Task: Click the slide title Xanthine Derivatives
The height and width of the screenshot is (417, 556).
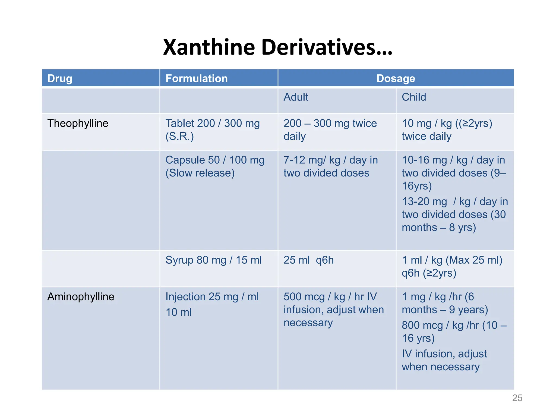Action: click(277, 47)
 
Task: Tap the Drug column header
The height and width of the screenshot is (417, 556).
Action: click(60, 78)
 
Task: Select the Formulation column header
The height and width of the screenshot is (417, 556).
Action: click(197, 78)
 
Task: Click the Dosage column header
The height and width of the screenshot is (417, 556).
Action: click(396, 78)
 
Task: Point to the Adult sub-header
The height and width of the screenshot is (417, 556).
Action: click(296, 97)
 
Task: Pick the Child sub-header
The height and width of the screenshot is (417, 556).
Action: click(414, 97)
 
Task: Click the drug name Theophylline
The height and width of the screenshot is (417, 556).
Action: click(78, 124)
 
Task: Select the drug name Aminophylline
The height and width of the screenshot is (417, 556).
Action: click(81, 297)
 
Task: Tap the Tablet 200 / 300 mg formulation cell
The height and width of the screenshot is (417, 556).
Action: click(212, 130)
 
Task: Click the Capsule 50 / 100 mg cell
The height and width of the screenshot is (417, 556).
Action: click(215, 166)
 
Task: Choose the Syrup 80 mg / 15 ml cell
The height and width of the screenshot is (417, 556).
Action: click(213, 260)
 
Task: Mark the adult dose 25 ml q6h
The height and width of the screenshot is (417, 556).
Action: click(308, 260)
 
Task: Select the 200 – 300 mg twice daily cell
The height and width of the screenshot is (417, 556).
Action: click(330, 130)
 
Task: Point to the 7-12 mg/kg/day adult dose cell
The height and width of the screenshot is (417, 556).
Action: click(330, 166)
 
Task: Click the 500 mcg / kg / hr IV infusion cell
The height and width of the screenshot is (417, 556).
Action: click(333, 309)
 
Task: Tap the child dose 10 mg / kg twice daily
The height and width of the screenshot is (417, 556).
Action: click(447, 130)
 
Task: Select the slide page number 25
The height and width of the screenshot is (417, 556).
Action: click(517, 398)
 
